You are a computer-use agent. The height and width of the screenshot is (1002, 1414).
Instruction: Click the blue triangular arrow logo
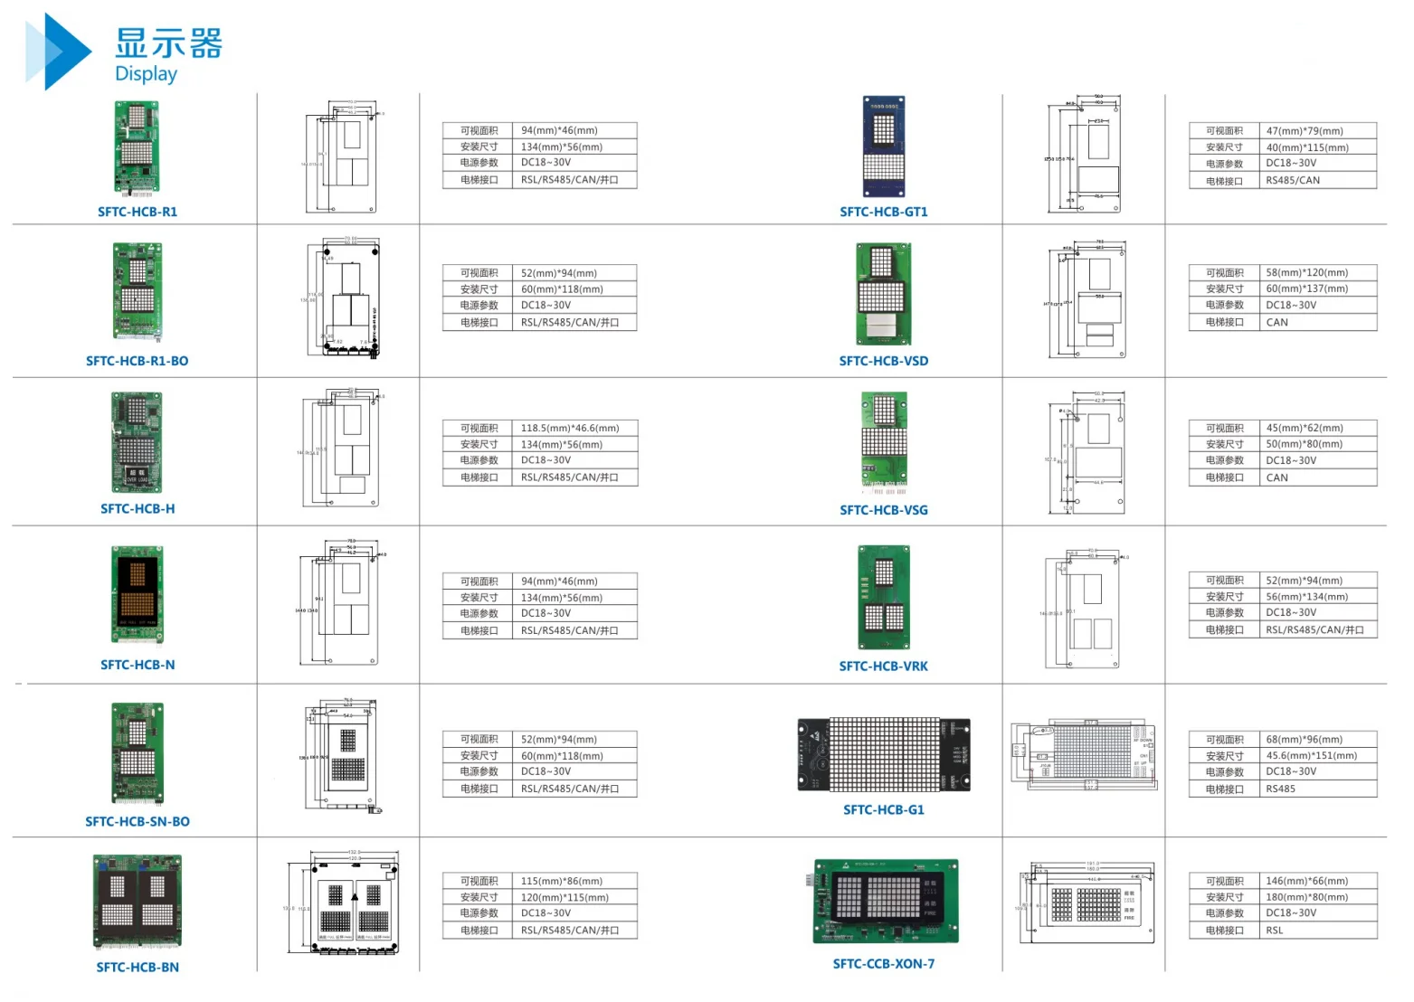pos(56,52)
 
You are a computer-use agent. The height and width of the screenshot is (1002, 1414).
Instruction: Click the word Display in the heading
pos(146,74)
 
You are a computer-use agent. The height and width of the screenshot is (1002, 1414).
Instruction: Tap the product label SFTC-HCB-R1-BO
pos(138,361)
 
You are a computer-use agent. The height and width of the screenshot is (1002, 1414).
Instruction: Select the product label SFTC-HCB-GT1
pos(883,212)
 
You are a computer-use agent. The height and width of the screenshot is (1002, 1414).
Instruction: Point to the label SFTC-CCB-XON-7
pos(883,964)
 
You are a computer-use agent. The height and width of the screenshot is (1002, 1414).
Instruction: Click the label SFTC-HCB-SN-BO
pos(138,822)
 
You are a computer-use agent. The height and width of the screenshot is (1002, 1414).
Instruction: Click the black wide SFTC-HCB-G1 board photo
pos(883,755)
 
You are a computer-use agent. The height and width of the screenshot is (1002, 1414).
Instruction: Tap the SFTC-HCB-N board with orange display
pos(138,595)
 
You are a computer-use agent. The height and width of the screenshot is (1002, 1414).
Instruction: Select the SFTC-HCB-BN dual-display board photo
pos(138,901)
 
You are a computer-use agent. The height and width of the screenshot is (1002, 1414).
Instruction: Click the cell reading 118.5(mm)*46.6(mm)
pos(570,428)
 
